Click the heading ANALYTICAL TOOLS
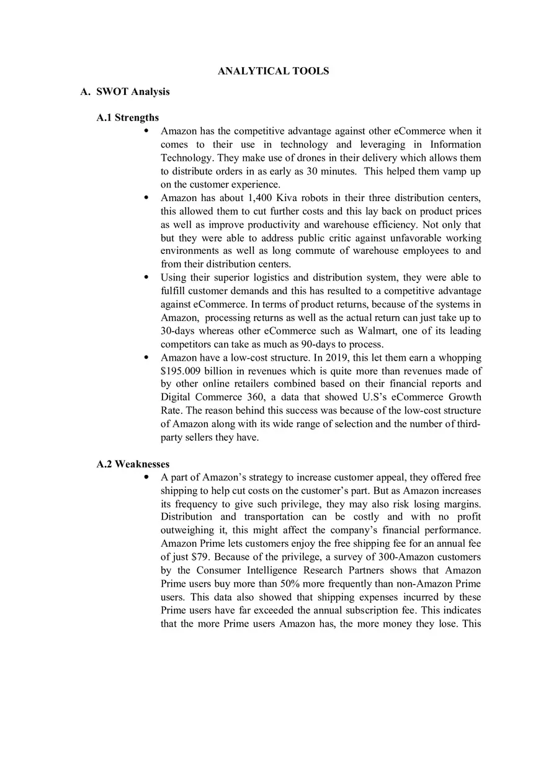click(x=273, y=71)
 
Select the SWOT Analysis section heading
click(x=132, y=92)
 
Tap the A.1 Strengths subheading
click(x=128, y=117)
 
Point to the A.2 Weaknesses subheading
click(x=133, y=464)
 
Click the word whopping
click(x=459, y=358)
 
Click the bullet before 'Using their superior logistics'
click(x=146, y=277)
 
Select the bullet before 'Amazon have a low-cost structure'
click(x=146, y=358)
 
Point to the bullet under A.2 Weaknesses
click(x=146, y=477)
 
